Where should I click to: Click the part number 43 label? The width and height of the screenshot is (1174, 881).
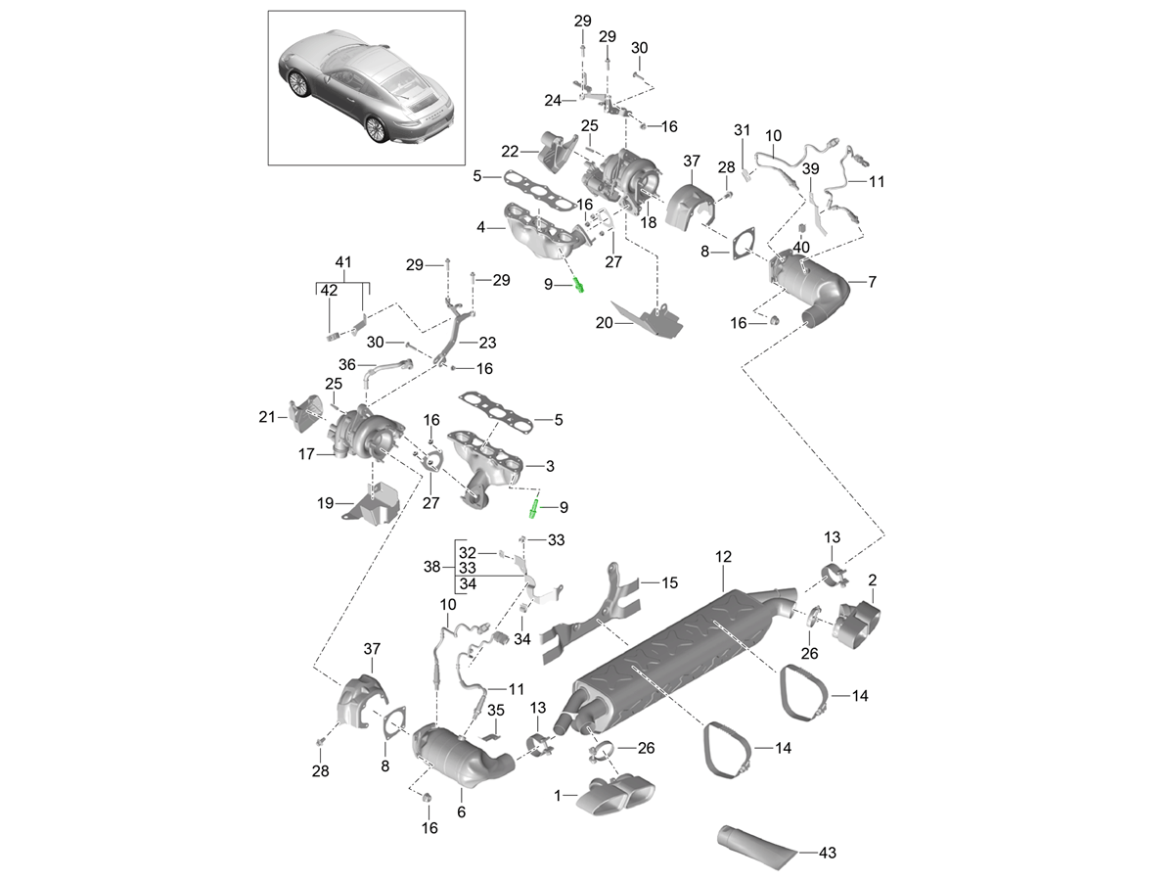click(827, 853)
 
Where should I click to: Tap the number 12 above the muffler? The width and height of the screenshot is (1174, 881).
click(723, 558)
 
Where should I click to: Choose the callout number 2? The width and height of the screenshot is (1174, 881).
click(872, 580)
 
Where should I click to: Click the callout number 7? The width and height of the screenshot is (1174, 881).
click(872, 282)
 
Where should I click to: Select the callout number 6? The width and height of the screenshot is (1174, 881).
click(461, 811)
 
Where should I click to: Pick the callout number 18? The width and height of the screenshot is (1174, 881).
click(648, 223)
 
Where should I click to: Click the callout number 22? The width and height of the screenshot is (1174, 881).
click(510, 151)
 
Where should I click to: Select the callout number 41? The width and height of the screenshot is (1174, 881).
click(342, 262)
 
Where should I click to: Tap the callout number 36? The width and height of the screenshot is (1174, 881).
click(346, 364)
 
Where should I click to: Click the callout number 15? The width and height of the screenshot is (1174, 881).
click(669, 582)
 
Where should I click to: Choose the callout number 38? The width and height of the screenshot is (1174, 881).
click(432, 567)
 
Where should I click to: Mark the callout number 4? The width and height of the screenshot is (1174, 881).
click(481, 227)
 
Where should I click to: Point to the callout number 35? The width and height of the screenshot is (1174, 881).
click(495, 710)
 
